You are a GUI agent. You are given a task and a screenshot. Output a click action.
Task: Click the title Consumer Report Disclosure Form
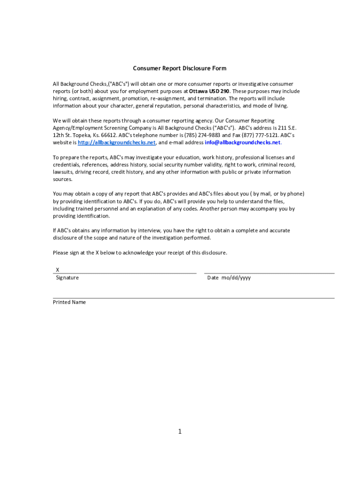coord(180,68)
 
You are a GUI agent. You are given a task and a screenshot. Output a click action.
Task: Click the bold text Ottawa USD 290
coord(209,91)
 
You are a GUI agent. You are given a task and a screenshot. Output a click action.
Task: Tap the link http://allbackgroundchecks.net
coord(116,143)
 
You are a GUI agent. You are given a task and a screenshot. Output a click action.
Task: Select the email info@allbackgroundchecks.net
coord(243,143)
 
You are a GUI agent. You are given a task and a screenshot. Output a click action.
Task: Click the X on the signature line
coord(58,270)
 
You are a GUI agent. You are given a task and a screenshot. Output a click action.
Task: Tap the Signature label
coord(67,278)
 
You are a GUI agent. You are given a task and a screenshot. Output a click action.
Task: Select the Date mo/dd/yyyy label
coord(229,278)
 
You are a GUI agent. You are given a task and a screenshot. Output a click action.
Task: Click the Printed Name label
coord(69,302)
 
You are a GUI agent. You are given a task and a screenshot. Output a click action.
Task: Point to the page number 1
coord(180,431)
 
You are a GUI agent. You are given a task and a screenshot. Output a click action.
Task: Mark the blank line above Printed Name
coord(194,298)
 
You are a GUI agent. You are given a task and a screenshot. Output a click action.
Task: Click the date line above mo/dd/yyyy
coord(269,273)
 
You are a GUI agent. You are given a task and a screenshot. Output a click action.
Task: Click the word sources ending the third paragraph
coord(62,179)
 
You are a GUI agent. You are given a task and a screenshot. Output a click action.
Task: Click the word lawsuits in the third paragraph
coord(63,172)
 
